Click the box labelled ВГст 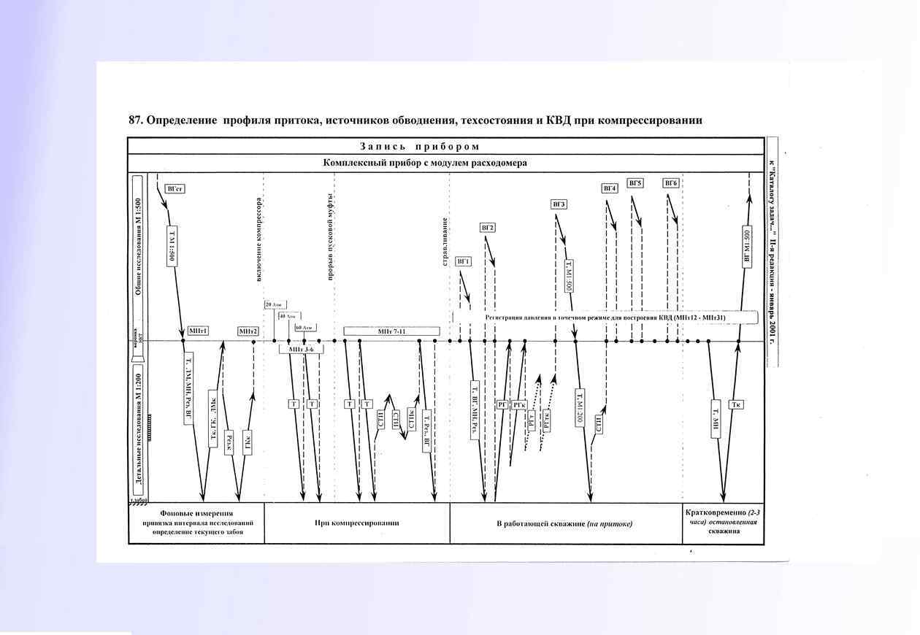coord(175,188)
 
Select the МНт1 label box coord(198,331)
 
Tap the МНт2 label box coord(248,331)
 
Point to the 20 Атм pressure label coord(274,304)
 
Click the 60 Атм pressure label coord(305,328)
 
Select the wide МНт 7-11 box coord(391,331)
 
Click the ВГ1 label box coord(463,261)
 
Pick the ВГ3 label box coord(559,204)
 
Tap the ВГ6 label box coord(671,182)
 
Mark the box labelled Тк coord(737,404)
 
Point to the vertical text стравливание coord(444,241)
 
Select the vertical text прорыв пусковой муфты coord(330,237)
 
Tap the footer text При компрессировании coord(356,523)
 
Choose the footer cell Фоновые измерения coord(196,513)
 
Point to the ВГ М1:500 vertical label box coord(747,248)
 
